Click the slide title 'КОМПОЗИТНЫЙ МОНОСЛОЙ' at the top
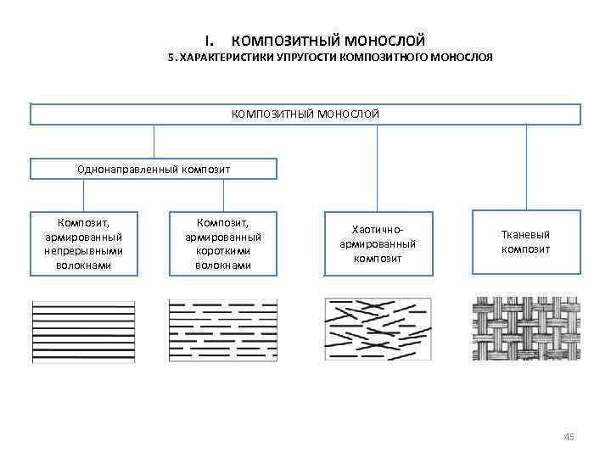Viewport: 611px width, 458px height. (x=328, y=41)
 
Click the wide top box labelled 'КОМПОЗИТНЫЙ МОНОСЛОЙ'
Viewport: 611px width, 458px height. (x=305, y=114)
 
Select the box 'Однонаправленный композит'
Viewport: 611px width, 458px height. (x=154, y=169)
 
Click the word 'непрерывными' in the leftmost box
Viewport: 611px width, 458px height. (x=84, y=251)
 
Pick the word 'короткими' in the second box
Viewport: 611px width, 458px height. (x=223, y=251)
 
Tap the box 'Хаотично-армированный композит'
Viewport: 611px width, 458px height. (x=378, y=243)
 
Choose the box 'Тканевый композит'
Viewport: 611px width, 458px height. (x=525, y=242)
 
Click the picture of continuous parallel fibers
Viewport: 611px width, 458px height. (x=83, y=330)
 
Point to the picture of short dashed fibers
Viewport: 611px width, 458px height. (x=223, y=330)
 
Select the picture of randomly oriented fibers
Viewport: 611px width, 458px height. (x=378, y=330)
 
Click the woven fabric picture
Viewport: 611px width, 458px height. (x=525, y=330)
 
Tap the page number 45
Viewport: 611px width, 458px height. (x=569, y=437)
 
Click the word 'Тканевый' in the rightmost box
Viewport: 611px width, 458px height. (x=526, y=235)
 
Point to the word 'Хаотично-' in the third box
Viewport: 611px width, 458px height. (x=378, y=230)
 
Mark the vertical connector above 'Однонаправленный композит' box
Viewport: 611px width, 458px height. (x=154, y=142)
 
